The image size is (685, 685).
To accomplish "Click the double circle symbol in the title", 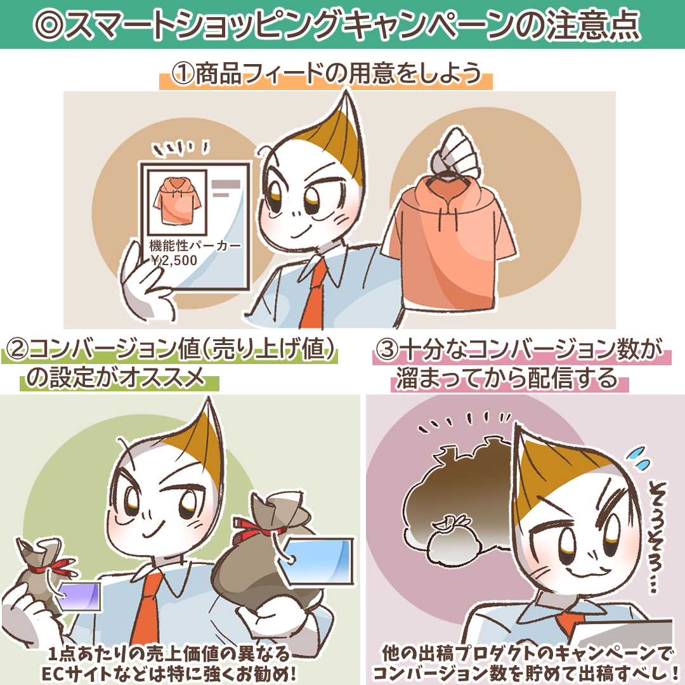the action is pyautogui.click(x=49, y=25).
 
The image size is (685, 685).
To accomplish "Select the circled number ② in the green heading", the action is pyautogui.click(x=16, y=349).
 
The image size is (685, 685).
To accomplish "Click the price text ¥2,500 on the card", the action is pyautogui.click(x=174, y=261).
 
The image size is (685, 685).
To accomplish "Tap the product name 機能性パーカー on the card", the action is pyautogui.click(x=195, y=245).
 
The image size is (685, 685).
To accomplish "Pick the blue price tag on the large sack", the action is pyautogui.click(x=316, y=561).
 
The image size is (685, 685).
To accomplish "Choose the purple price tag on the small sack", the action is pyautogui.click(x=79, y=596).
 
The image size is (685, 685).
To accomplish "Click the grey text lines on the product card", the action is pyautogui.click(x=225, y=188).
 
